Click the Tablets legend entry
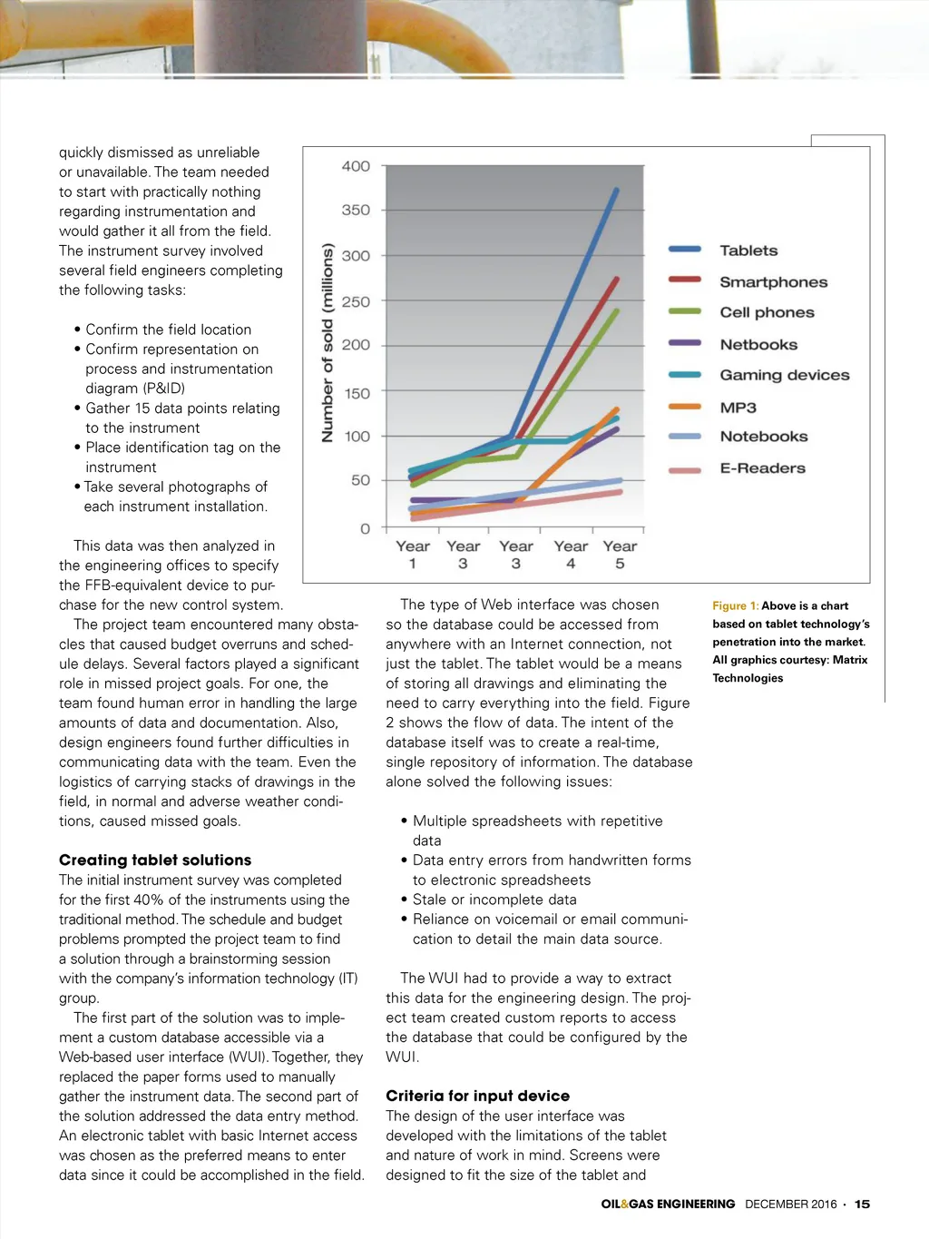tap(748, 251)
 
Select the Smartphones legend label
tap(773, 282)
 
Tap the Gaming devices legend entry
tap(784, 375)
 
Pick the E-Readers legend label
tap(762, 468)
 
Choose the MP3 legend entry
tap(738, 408)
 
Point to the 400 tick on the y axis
tap(356, 166)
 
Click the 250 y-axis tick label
tap(356, 301)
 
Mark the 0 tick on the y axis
tap(365, 528)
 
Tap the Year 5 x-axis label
tap(620, 555)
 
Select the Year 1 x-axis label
tap(413, 555)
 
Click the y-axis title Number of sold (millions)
tap(328, 342)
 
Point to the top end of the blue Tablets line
tap(617, 190)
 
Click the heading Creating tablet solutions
tap(155, 860)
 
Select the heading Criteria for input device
tap(477, 1096)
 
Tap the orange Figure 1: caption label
tap(735, 605)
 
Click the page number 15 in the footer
tap(862, 1204)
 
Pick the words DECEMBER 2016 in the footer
tap(790, 1204)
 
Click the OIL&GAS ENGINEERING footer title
tap(668, 1204)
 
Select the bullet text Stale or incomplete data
tap(494, 900)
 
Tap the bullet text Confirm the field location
tap(168, 329)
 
